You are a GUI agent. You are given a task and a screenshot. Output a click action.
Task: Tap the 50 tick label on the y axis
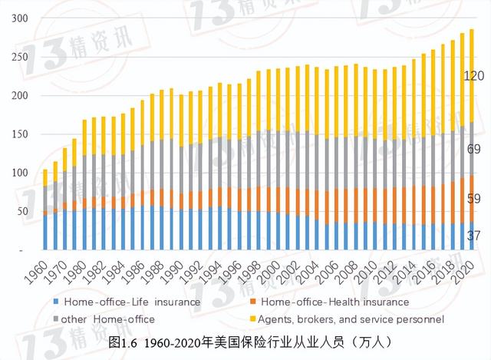[x=19, y=211]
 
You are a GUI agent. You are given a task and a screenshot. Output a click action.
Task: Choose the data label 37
[x=473, y=237]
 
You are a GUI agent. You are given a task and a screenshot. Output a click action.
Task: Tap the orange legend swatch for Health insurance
[x=253, y=302]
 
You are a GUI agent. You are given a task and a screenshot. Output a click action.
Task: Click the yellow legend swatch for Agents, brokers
[x=253, y=319]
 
